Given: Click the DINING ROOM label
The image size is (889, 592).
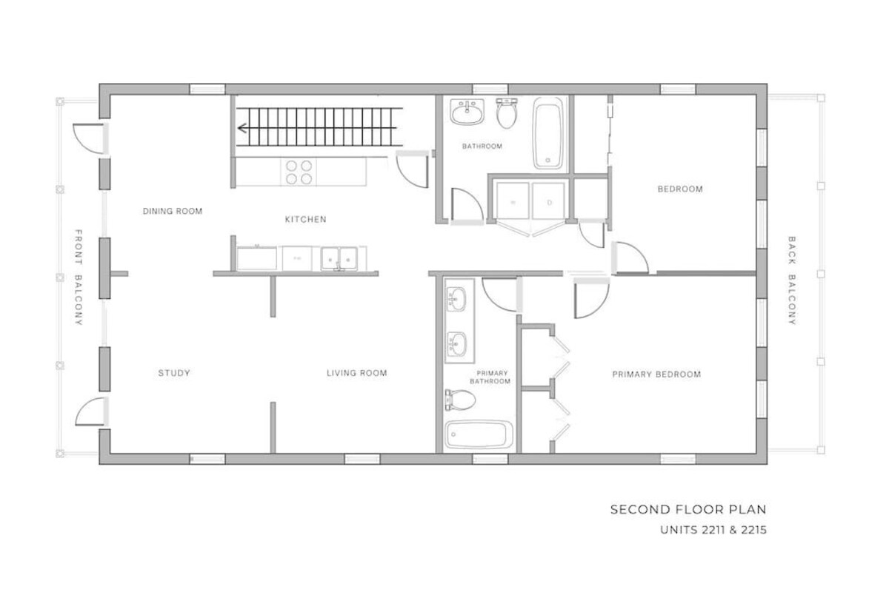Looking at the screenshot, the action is [x=173, y=212].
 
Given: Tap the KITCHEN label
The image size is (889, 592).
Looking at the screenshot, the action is [x=305, y=219].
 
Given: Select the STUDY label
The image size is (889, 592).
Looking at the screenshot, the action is [x=174, y=373].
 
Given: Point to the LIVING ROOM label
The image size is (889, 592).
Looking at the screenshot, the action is [x=357, y=373].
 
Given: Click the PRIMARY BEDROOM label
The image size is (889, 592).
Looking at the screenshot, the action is [x=656, y=374].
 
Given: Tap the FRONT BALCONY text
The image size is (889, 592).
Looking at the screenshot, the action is [x=79, y=277].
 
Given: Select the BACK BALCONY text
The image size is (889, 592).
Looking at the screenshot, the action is [x=791, y=280].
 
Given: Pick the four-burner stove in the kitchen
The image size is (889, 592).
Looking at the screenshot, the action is [x=299, y=172].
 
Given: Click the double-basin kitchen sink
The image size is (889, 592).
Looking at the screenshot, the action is [x=339, y=258].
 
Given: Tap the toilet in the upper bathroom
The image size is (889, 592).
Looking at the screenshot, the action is [x=507, y=113].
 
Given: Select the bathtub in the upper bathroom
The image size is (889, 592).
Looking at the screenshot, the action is [x=547, y=134].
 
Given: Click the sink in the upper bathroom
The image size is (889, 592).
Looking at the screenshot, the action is [x=467, y=112].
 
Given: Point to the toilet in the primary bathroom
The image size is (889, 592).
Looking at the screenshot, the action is [x=460, y=400].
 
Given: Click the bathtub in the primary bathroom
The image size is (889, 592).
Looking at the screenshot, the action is [x=479, y=435].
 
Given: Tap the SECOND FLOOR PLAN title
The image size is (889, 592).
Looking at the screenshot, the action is [x=688, y=510].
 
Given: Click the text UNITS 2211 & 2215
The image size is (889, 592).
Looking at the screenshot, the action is [x=713, y=530].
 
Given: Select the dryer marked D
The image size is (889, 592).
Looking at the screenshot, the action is [x=548, y=201].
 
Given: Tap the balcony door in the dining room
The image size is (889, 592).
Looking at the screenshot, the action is [x=90, y=138].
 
